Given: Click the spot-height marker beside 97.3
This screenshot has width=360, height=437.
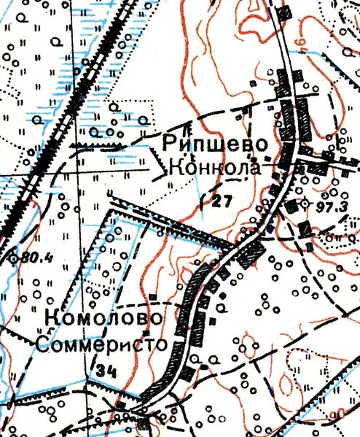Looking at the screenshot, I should coord(306,205).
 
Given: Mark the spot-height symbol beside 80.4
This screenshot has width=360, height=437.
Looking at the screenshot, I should coord(12,257).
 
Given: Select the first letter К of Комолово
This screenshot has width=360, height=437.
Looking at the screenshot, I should coord(51,319).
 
